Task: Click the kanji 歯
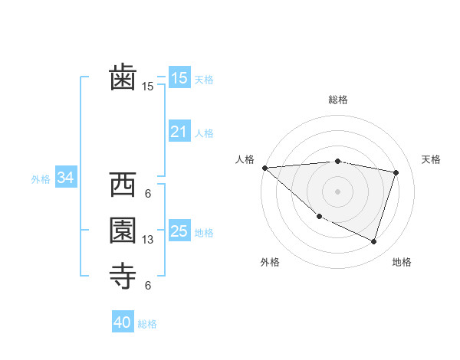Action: pyautogui.click(x=123, y=77)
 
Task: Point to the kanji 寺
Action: pyautogui.click(x=123, y=277)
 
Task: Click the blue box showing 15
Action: pyautogui.click(x=179, y=78)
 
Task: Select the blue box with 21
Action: pyautogui.click(x=179, y=132)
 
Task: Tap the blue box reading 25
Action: pyautogui.click(x=179, y=231)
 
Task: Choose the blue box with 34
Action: pyautogui.click(x=66, y=178)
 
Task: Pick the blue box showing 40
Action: pyautogui.click(x=123, y=322)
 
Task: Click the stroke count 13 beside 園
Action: pyautogui.click(x=148, y=240)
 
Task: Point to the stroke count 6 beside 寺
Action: pyautogui.click(x=148, y=286)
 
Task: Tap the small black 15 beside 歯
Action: pyautogui.click(x=148, y=87)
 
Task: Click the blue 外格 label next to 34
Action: pyautogui.click(x=41, y=178)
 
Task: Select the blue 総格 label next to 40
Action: pyautogui.click(x=147, y=324)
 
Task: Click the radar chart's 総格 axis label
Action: pyautogui.click(x=337, y=100)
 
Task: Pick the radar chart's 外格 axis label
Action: pyautogui.click(x=270, y=262)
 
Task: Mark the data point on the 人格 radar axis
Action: pyautogui.click(x=264, y=168)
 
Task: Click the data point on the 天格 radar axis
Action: pyautogui.click(x=396, y=172)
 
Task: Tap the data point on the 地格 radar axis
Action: pyautogui.click(x=373, y=241)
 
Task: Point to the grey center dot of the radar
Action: pyautogui.click(x=337, y=191)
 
